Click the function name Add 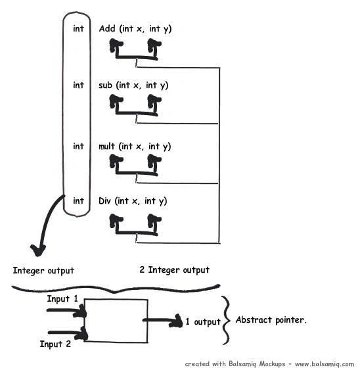(107, 28)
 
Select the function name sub (105, 85)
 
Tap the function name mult (107, 146)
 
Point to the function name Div (105, 200)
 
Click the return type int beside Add (78, 28)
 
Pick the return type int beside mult (78, 146)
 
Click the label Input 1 (62, 298)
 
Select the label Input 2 (55, 344)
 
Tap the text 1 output (204, 321)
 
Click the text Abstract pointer (271, 319)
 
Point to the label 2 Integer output (175, 269)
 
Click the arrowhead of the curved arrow (37, 250)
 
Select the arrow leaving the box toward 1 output (163, 320)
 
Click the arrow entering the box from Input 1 (67, 311)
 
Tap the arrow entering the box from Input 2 (68, 333)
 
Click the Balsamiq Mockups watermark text (269, 364)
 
